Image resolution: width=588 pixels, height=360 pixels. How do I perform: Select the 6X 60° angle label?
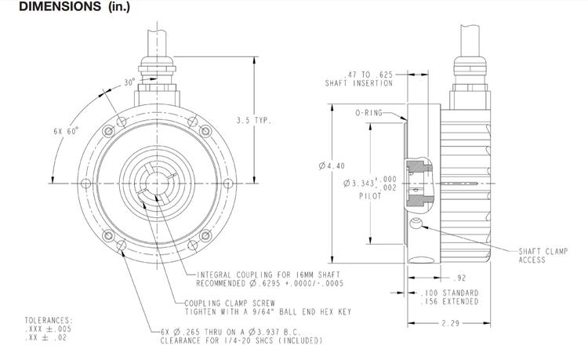coord(66,131)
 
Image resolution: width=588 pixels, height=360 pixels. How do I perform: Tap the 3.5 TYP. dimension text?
coord(253,120)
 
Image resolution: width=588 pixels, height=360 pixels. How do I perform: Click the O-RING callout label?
coord(368,113)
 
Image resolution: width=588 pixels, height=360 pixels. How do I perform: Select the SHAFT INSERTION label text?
coord(359,84)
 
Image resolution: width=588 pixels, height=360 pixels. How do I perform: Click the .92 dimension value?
coord(462,278)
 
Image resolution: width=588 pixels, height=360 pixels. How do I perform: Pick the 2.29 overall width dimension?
coord(449,322)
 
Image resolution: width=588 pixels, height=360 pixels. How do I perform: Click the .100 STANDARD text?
coord(449,293)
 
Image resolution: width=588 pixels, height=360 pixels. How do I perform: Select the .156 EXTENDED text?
coord(449,301)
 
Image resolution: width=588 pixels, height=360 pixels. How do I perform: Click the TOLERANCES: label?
coord(49,320)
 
